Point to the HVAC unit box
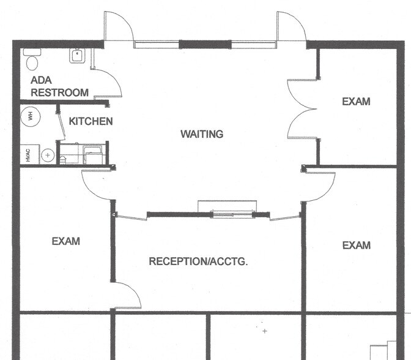pos(28,155)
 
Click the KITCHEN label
pos(91,121)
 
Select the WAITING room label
pos(202,134)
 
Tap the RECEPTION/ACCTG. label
pos(198,261)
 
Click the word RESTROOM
pos(60,93)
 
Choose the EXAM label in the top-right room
pos(356,102)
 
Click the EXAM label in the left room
pos(65,241)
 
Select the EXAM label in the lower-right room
pos(356,246)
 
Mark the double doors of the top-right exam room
pos(303,110)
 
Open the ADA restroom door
pos(110,83)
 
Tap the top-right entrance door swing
pos(291,28)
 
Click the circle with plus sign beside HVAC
pos(48,156)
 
